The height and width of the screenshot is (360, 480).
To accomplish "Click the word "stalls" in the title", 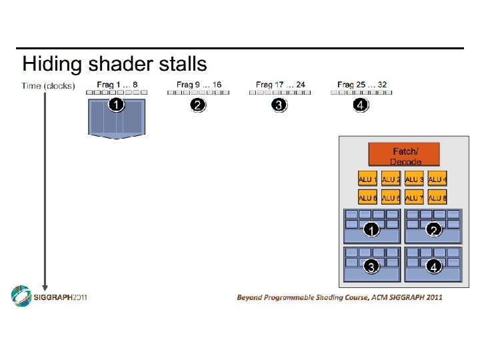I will pyautogui.click(x=183, y=65).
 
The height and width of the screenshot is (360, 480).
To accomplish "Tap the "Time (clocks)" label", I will pyautogui.click(x=48, y=85).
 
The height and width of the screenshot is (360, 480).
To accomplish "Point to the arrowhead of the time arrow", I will pyautogui.click(x=45, y=287).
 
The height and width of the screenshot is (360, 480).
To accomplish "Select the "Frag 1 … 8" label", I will pyautogui.click(x=117, y=85).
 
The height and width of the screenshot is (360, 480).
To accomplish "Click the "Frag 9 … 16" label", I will pyautogui.click(x=199, y=85).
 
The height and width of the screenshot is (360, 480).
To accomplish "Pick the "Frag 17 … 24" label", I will pyautogui.click(x=280, y=85).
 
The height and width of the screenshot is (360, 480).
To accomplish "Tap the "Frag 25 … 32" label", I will pyautogui.click(x=361, y=85).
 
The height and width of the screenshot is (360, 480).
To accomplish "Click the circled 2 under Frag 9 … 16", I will pyautogui.click(x=197, y=105).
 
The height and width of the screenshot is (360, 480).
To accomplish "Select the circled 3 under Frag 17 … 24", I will pyautogui.click(x=279, y=105).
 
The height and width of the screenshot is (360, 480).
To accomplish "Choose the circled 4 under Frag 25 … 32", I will pyautogui.click(x=360, y=105).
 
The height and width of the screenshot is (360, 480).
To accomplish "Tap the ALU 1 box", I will pyautogui.click(x=367, y=179).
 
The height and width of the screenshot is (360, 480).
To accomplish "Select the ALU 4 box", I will pyautogui.click(x=437, y=179).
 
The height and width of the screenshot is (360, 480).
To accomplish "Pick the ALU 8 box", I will pyautogui.click(x=437, y=197).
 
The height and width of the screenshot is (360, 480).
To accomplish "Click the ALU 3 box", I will pyautogui.click(x=414, y=179).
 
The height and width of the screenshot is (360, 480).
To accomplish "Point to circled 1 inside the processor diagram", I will pyautogui.click(x=371, y=230).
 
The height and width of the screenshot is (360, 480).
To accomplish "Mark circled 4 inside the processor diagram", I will pyautogui.click(x=433, y=267).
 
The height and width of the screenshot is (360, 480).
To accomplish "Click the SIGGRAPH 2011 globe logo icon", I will pyautogui.click(x=21, y=297).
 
